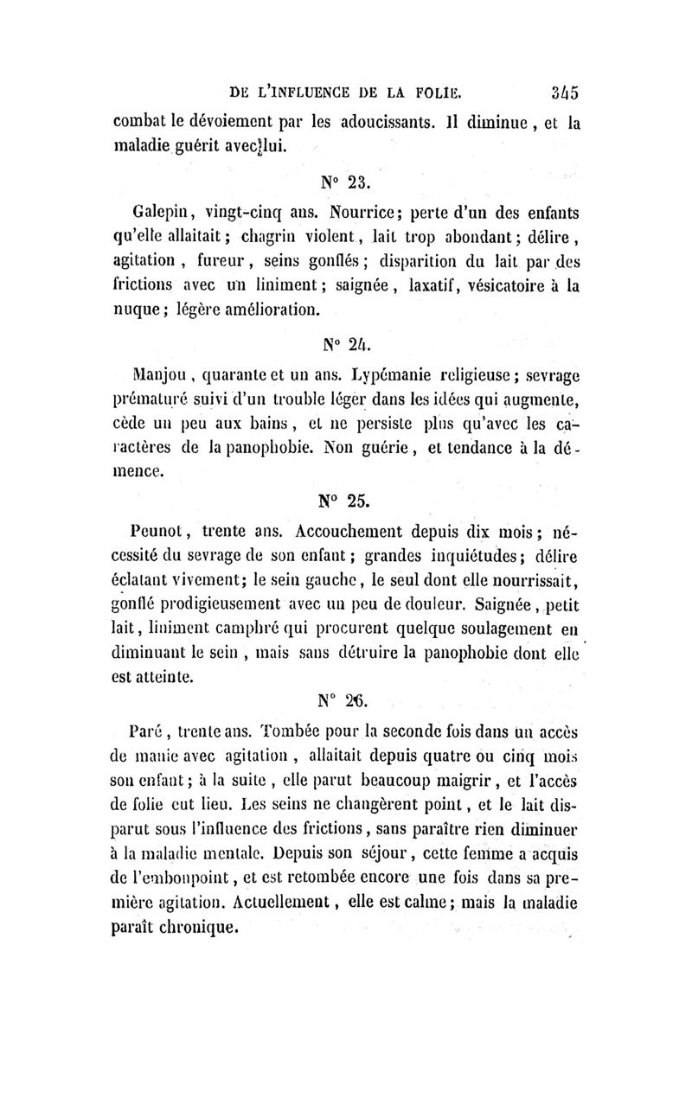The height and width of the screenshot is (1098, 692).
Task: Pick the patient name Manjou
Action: pos(147,376)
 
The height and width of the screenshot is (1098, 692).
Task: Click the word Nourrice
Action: pos(356,212)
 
